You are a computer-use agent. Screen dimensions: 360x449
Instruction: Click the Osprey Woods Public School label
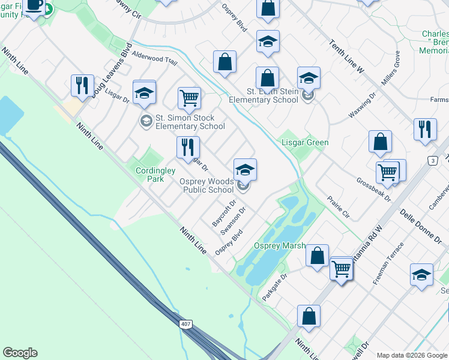click(207, 185)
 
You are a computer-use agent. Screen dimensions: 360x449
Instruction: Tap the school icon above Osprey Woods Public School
click(245, 170)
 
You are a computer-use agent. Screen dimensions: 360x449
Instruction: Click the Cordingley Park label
click(150, 174)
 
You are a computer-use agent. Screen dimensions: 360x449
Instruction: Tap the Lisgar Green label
click(306, 142)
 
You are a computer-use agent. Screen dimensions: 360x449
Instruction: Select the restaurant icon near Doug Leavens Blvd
click(82, 85)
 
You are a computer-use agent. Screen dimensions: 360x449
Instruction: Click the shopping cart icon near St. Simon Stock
click(189, 98)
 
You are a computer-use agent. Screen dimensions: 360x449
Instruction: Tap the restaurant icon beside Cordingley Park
click(188, 147)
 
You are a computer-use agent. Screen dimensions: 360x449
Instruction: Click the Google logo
click(20, 353)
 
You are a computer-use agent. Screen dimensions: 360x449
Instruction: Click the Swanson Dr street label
click(234, 221)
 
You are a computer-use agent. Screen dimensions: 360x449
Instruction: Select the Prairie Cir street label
click(339, 206)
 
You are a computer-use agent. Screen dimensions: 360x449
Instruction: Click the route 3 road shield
click(432, 160)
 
